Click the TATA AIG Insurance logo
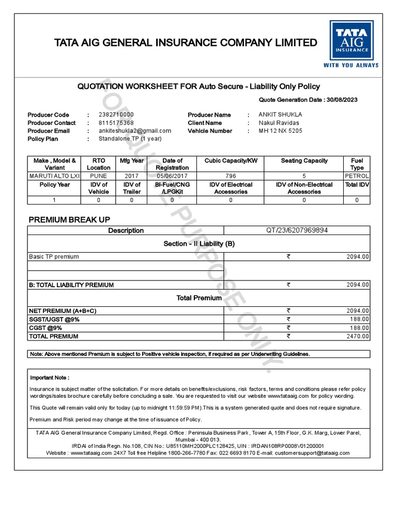(351, 44)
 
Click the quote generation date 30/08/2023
(342, 100)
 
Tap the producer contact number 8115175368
(116, 123)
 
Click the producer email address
(134, 131)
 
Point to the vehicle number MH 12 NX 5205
(281, 131)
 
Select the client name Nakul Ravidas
(279, 123)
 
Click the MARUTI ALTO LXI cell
(54, 176)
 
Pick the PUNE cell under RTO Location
(98, 176)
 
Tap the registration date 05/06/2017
(172, 176)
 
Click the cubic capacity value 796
(231, 176)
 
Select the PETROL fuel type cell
(357, 176)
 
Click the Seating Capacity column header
(304, 161)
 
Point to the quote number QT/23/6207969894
(297, 230)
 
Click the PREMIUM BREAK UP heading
(69, 220)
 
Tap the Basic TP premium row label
(54, 257)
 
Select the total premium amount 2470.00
(358, 336)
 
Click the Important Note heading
(50, 378)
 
